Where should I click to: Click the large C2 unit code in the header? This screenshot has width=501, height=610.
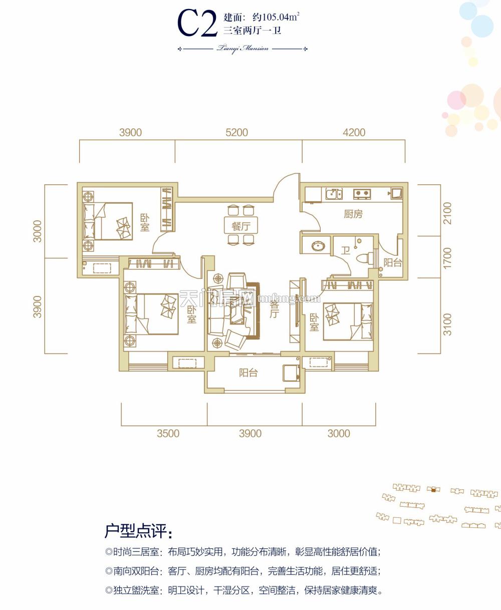tap(197, 23)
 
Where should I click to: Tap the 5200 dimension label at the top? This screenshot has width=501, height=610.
tap(237, 133)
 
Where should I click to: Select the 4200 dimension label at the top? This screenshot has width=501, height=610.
tap(354, 133)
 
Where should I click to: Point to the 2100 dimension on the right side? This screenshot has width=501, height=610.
tap(447, 213)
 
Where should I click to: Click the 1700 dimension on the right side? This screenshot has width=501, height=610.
tap(447, 258)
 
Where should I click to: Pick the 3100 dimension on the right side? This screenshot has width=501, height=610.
tap(447, 324)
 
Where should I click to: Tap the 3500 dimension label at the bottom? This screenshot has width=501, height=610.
tap(168, 433)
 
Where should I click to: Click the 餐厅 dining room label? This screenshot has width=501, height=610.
tap(240, 226)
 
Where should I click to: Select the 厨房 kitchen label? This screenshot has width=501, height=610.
tap(353, 214)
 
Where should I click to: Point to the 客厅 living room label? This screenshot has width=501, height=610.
tap(274, 310)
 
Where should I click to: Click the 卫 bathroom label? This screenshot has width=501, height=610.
tap(345, 250)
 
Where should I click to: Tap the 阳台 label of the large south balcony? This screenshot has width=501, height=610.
tap(248, 373)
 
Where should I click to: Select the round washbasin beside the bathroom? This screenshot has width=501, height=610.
tap(318, 246)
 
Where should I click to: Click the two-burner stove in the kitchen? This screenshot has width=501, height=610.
tap(362, 193)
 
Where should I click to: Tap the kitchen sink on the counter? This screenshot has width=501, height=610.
tap(334, 193)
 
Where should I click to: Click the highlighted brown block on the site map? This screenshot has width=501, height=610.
tap(433, 490)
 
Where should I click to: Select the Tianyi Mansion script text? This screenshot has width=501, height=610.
tap(242, 49)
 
